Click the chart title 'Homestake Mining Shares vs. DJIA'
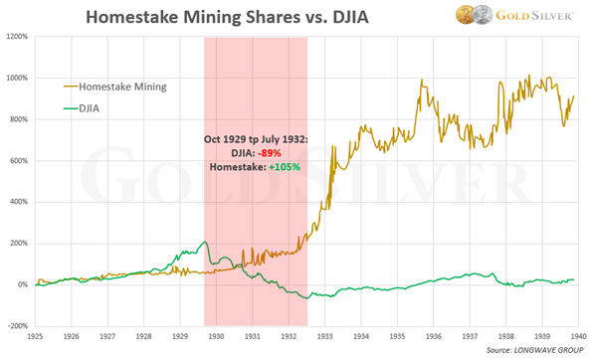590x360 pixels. [x=227, y=17]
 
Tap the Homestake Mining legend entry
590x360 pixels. [x=115, y=87]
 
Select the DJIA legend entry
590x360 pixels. [x=82, y=108]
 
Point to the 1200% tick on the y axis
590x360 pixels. [x=17, y=37]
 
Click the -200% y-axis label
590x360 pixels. [x=18, y=326]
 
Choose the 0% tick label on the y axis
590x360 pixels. [x=22, y=284]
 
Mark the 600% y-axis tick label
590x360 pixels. [x=19, y=161]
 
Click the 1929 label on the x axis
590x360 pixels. [x=180, y=336]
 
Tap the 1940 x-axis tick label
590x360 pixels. [x=579, y=336]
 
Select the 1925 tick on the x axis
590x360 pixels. [x=35, y=336]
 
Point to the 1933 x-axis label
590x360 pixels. [x=324, y=336]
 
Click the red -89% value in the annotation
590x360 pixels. [x=270, y=153]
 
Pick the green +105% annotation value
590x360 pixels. [x=285, y=167]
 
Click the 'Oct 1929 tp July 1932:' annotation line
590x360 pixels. [x=256, y=139]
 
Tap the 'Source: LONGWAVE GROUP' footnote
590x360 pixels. [x=534, y=350]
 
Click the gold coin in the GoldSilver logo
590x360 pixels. [x=465, y=15]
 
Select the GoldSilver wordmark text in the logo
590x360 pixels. [x=534, y=16]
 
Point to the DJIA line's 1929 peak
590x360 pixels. [x=205, y=242]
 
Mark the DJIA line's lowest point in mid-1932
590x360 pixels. [x=307, y=298]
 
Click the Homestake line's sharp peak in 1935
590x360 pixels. [x=422, y=80]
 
